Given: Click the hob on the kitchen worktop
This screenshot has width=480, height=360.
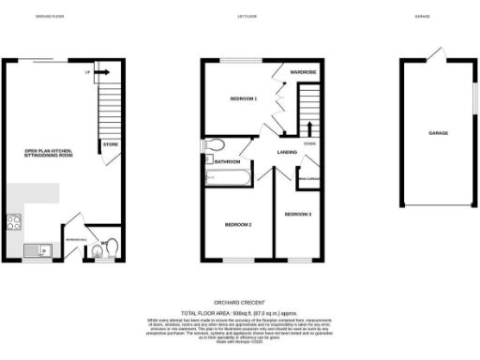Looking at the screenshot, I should coord(14,223).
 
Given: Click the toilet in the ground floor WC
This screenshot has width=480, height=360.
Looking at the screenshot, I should coord(112,248).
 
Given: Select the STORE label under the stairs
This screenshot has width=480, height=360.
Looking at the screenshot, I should coord(110,144).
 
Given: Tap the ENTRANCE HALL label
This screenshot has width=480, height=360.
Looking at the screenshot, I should coord(73,239).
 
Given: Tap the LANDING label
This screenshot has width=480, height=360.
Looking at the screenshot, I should coord(287,152).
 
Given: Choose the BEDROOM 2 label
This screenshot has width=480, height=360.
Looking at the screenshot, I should coord(237,225).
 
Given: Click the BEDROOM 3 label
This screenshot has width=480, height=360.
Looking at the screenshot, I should coord(298,215).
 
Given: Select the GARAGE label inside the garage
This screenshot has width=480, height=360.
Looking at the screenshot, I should coord(438,133).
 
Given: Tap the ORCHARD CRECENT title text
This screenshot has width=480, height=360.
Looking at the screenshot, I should coord(240,303).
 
